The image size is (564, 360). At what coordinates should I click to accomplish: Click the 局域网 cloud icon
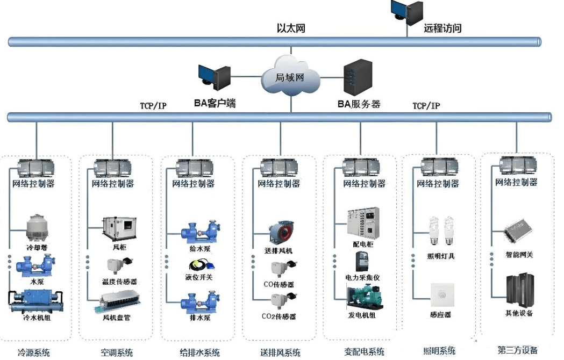[x=290, y=78]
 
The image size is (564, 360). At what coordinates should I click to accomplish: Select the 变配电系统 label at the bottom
[x=364, y=352]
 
